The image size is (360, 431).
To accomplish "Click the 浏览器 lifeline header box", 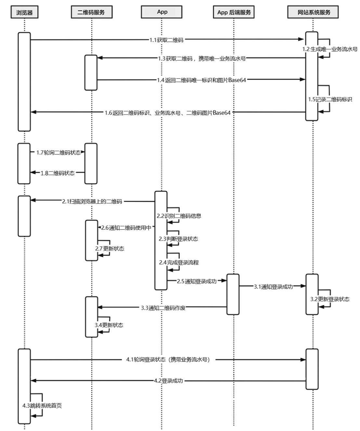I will coord(24,12).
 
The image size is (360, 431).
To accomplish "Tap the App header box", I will coord(162,12).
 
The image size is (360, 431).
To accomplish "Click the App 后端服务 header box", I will coord(234,12).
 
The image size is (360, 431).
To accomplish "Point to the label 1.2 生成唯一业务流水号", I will coord(330,49).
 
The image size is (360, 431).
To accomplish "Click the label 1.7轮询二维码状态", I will coord(58,152).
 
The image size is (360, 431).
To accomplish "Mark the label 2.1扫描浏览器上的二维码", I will coord(93,201).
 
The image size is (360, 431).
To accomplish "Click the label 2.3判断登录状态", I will coord(177,239).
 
